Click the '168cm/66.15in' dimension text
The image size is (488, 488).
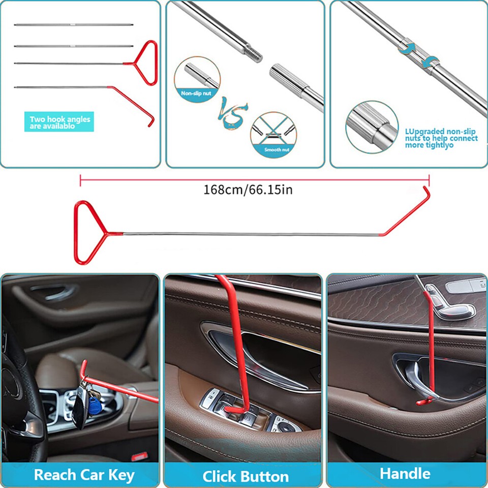(x=248, y=190)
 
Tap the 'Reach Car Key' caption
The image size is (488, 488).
(x=84, y=475)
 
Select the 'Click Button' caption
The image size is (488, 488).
(x=246, y=476)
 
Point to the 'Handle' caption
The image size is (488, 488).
(x=405, y=473)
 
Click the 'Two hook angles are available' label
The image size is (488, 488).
(x=59, y=123)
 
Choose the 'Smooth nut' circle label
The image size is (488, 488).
(x=276, y=149)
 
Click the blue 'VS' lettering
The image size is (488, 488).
(x=233, y=114)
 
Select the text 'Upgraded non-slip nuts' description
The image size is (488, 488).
(x=441, y=138)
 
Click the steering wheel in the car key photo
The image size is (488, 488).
(x=20, y=386)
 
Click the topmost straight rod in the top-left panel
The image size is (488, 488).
(x=74, y=24)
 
